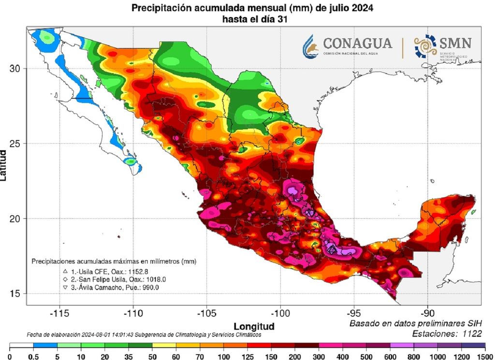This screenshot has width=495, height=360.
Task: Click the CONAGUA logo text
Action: coord(357,44)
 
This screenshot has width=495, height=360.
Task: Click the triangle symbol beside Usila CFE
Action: coord(65,272)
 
